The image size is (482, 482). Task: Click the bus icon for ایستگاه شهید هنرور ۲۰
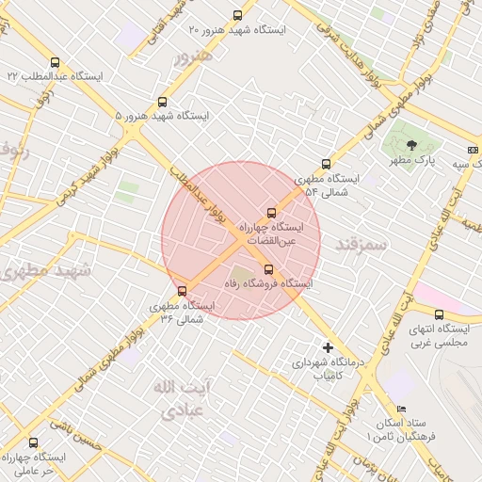[236, 15]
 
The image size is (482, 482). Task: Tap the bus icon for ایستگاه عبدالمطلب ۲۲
[56, 62]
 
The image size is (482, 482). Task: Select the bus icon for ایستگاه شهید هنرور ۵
[163, 102]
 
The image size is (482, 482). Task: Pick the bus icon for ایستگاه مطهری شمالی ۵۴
[327, 164]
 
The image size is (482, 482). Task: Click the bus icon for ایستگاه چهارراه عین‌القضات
[272, 213]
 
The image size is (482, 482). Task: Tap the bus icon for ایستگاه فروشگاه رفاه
[268, 269]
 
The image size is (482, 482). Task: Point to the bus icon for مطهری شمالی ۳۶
[182, 291]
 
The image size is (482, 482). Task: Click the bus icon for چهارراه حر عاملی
[34, 442]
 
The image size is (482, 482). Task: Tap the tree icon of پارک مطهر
[411, 145]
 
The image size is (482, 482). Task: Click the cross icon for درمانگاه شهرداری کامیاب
[328, 347]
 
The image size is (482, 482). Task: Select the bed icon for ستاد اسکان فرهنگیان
[402, 409]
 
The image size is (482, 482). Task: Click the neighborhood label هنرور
[194, 56]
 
